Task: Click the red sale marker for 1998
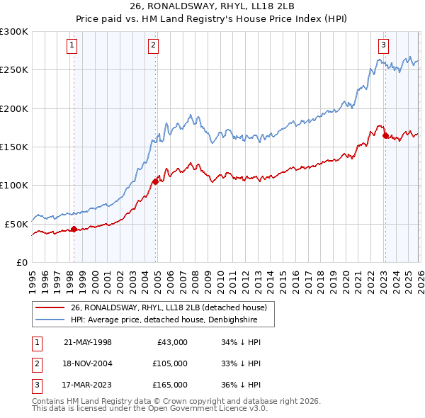coord(74,229)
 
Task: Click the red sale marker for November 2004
coord(155,181)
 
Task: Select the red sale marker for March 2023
coord(385,135)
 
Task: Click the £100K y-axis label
coord(14,185)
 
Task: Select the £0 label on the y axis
coord(21,262)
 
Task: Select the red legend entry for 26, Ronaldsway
coord(168,307)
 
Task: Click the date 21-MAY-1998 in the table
coord(88,342)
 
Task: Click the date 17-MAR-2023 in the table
coord(88,385)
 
